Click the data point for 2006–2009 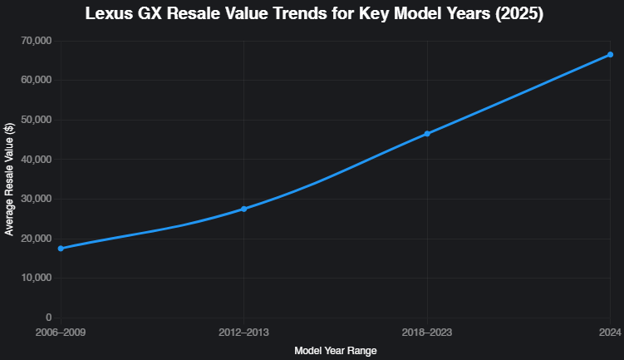pos(61,249)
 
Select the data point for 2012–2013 pos(243,209)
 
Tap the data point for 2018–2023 pos(427,134)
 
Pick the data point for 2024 pos(610,55)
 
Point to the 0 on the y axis pos(48,318)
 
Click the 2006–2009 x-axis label pos(61,332)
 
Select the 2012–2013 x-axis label pos(243,332)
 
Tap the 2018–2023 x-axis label pos(427,332)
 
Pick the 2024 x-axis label pos(610,332)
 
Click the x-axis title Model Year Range pos(335,351)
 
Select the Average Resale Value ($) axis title pos(9,179)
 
